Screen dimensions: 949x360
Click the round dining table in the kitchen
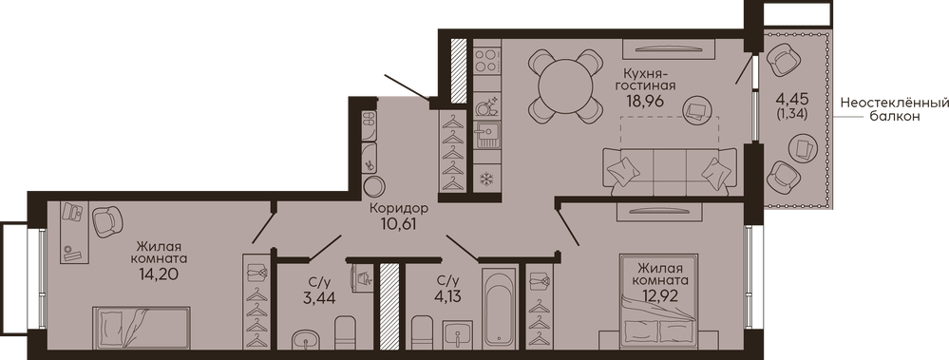pyautogui.click(x=566, y=85)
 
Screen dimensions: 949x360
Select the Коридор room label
pyautogui.click(x=399, y=208)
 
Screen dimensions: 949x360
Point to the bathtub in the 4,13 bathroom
pyautogui.click(x=500, y=309)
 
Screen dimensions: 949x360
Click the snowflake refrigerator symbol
pyautogui.click(x=486, y=180)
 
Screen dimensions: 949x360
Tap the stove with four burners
pyautogui.click(x=486, y=61)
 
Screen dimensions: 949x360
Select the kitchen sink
pyautogui.click(x=486, y=134)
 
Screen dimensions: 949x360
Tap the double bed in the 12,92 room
pyautogui.click(x=659, y=301)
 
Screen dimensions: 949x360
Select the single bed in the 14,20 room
pyautogui.click(x=141, y=328)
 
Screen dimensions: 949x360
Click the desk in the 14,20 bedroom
pyautogui.click(x=74, y=232)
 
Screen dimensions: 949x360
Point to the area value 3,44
pyautogui.click(x=320, y=297)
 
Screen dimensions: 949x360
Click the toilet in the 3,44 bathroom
pyautogui.click(x=346, y=332)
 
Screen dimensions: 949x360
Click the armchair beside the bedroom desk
pyautogui.click(x=108, y=221)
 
